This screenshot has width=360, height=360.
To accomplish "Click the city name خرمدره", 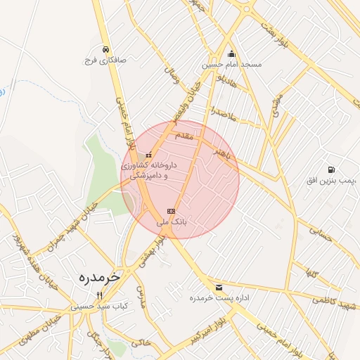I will click(96, 277).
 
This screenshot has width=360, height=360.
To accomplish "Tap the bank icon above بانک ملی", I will click(170, 211).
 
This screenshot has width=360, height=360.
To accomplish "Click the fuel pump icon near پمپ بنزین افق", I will click(330, 169).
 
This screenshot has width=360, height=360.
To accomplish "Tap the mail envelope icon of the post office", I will click(219, 287).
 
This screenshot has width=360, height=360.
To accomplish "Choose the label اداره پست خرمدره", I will click(218, 298).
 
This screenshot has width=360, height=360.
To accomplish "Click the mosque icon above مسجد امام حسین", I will click(231, 53).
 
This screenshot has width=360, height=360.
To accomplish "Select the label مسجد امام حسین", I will click(232, 65).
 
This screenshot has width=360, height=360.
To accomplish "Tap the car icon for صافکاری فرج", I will click(105, 49).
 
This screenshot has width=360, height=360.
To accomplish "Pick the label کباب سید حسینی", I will click(99, 307).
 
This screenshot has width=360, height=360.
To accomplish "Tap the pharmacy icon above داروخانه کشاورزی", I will click(148, 155).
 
